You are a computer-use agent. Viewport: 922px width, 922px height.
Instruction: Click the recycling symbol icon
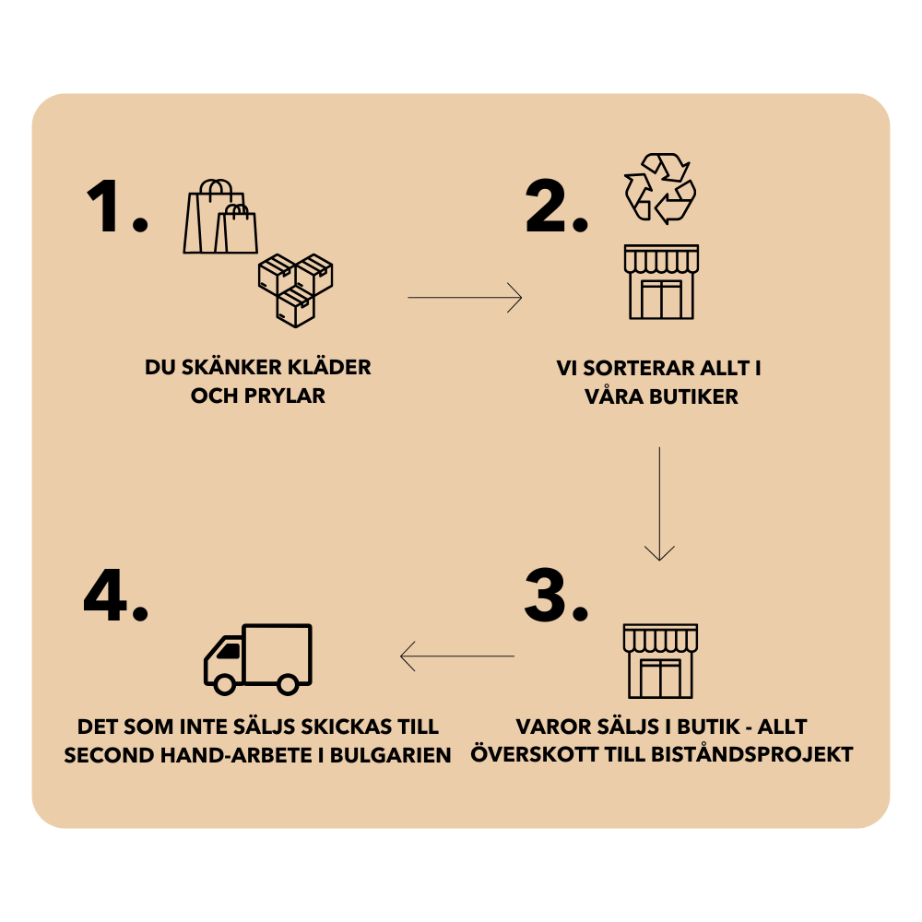(x=660, y=188)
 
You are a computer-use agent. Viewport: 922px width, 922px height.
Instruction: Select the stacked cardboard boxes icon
(x=295, y=290)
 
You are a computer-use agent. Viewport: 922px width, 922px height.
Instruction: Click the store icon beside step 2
(x=661, y=282)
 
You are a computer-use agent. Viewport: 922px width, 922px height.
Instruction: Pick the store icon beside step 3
(x=660, y=661)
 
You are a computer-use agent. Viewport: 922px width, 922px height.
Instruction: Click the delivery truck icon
(x=258, y=658)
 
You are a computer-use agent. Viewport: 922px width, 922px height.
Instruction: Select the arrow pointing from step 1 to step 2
(x=465, y=298)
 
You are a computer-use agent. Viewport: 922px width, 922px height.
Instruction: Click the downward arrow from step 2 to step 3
(x=659, y=503)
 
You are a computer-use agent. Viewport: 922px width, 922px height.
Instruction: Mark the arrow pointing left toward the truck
(x=457, y=656)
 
